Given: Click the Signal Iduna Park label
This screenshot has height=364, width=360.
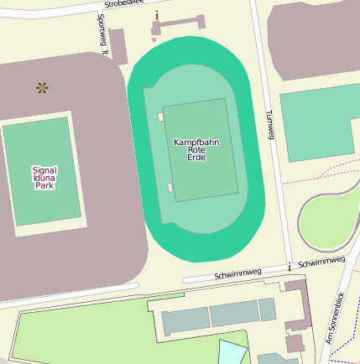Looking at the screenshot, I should [x=44, y=177].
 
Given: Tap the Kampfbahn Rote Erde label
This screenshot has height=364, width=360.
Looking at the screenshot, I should [x=196, y=149].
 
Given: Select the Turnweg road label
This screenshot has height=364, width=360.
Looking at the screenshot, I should [x=269, y=126].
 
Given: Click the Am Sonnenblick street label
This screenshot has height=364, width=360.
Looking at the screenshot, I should [x=335, y=320].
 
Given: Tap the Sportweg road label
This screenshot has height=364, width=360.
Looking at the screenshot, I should [x=102, y=34].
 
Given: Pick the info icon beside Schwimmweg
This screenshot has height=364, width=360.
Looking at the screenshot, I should [x=290, y=267].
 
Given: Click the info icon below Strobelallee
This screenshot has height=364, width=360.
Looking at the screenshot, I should [x=156, y=16].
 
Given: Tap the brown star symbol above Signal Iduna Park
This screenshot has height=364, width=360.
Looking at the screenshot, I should [x=42, y=87].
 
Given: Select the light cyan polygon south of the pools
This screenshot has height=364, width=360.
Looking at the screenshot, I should [x=233, y=351].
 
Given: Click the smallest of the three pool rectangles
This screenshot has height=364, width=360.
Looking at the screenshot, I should [x=267, y=309].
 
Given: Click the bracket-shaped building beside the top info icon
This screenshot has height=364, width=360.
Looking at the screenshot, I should [x=177, y=26].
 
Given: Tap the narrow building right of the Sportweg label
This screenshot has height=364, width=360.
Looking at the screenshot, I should [x=118, y=46].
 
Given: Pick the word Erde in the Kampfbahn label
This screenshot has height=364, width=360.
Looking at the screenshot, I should [x=196, y=158].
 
